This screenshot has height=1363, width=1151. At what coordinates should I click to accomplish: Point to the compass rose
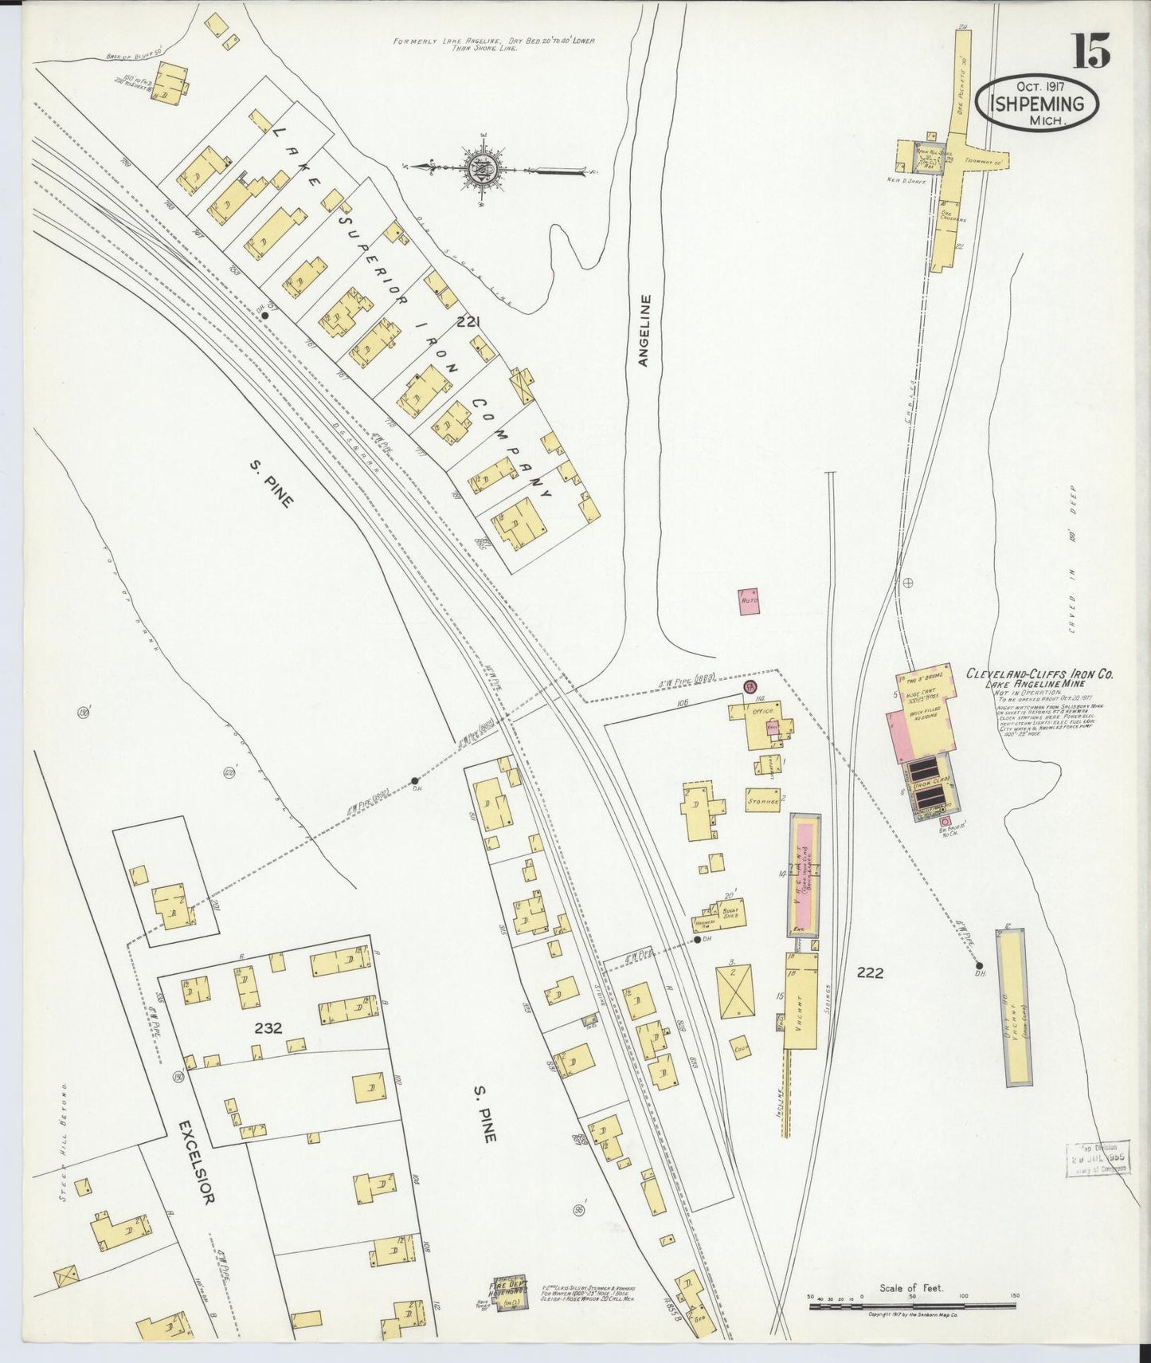coord(483,169)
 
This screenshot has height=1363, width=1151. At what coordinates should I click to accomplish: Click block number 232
coord(269,1028)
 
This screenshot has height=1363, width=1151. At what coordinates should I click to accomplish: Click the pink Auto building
coord(749,602)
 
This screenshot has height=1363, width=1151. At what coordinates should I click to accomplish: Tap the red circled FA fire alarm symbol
coord(750,687)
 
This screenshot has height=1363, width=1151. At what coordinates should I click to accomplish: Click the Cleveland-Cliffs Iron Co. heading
coord(1039,674)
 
